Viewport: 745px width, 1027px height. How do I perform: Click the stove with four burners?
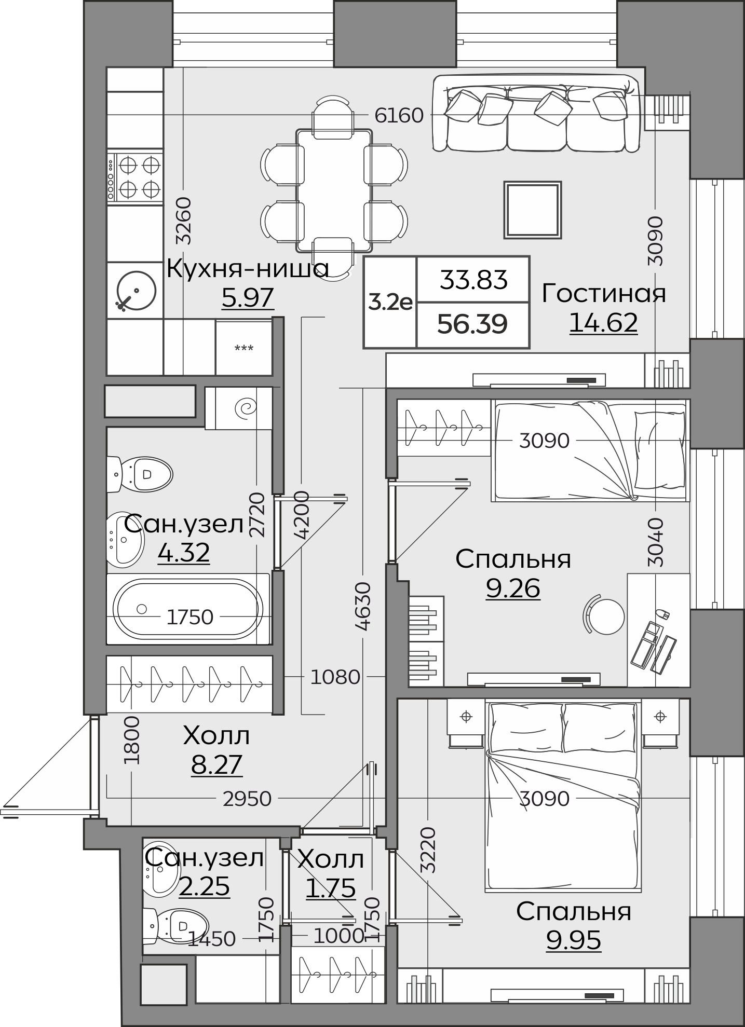[x=135, y=176]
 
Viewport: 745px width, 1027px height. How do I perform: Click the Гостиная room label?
[x=604, y=293]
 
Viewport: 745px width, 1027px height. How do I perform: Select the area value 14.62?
[x=603, y=323]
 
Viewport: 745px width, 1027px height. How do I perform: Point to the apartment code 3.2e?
[x=390, y=302]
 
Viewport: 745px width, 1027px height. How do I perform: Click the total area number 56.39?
[x=472, y=324]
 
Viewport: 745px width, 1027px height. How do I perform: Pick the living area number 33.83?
[x=473, y=280]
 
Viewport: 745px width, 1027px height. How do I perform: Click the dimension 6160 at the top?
[x=399, y=115]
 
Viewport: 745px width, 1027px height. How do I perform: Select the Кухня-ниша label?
[x=248, y=269]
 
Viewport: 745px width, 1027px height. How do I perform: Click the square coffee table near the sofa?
[x=533, y=210]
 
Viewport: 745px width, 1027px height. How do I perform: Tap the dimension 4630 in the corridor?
[x=363, y=606]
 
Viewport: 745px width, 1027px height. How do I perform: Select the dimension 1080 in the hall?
[x=335, y=677]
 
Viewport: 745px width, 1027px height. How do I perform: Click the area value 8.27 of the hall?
[x=216, y=764]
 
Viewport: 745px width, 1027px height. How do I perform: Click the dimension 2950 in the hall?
[x=247, y=799]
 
